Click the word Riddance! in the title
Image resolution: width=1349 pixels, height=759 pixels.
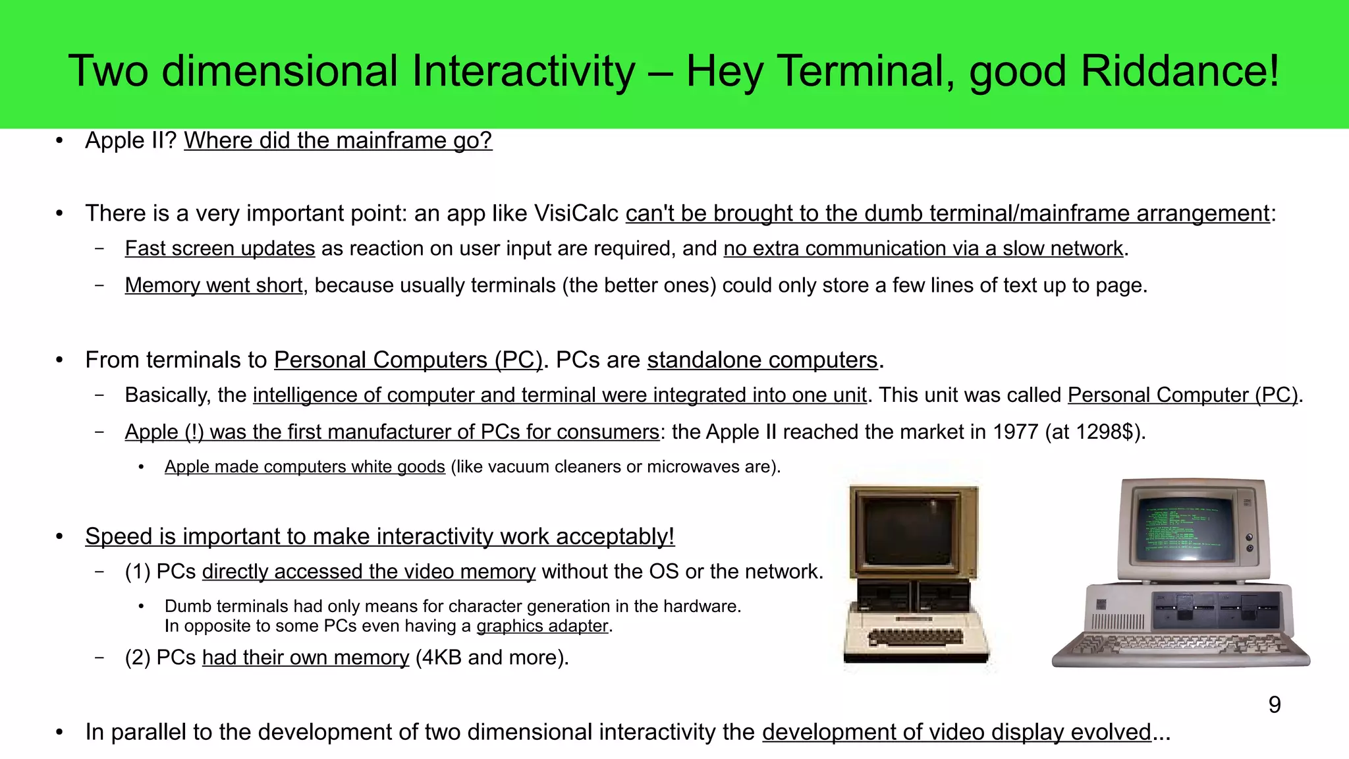point(1180,71)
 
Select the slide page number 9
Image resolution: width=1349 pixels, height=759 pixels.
point(1275,705)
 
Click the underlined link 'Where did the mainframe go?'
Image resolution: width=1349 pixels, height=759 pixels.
point(338,140)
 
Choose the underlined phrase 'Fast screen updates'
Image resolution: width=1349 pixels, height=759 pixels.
point(220,248)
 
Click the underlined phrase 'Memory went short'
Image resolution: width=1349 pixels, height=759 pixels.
point(214,285)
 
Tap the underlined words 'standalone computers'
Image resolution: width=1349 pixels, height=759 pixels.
point(762,360)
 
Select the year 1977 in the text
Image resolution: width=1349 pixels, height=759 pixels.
point(1015,432)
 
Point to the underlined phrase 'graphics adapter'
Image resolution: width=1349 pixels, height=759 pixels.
point(542,625)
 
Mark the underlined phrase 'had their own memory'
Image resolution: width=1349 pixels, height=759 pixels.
point(306,658)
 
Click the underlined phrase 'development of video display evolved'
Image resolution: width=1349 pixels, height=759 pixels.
point(956,732)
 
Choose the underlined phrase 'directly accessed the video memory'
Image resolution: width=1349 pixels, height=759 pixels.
point(369,571)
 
